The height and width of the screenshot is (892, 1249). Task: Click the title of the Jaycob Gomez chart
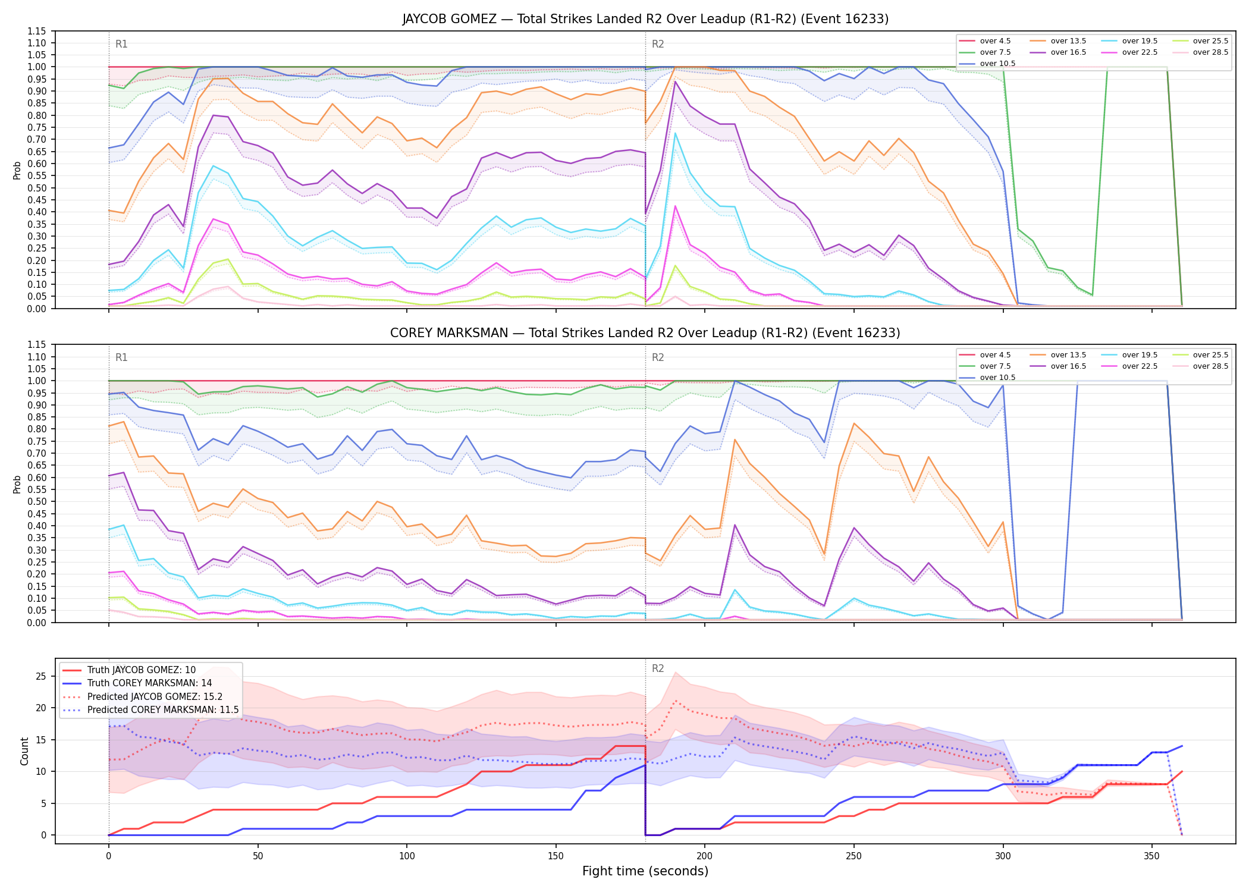pyautogui.click(x=645, y=19)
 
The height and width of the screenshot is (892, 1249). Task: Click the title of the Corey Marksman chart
pyautogui.click(x=645, y=333)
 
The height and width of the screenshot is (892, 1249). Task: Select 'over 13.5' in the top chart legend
pyautogui.click(x=1068, y=41)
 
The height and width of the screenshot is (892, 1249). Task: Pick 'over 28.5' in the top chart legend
pyautogui.click(x=1210, y=52)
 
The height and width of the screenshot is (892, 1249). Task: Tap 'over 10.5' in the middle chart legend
pyautogui.click(x=997, y=378)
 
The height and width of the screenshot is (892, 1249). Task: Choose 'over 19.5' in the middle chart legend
pyautogui.click(x=1140, y=355)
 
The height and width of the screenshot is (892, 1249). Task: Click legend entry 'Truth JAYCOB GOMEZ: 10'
pyautogui.click(x=142, y=670)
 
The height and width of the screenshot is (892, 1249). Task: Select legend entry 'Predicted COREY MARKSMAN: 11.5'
pyautogui.click(x=163, y=710)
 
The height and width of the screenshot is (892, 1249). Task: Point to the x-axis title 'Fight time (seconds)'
pyautogui.click(x=645, y=871)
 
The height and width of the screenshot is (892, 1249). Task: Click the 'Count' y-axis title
pyautogui.click(x=24, y=751)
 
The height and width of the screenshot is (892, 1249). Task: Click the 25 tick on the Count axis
pyautogui.click(x=41, y=676)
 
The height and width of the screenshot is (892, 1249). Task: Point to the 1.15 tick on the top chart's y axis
pyautogui.click(x=37, y=31)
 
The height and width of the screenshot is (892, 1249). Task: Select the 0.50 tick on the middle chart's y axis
pyautogui.click(x=37, y=501)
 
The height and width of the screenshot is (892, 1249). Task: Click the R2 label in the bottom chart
pyautogui.click(x=658, y=668)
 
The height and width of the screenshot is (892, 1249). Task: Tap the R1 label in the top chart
pyautogui.click(x=121, y=44)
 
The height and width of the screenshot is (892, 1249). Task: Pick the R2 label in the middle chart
pyautogui.click(x=658, y=357)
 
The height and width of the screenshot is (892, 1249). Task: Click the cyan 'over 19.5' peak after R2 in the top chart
pyautogui.click(x=675, y=133)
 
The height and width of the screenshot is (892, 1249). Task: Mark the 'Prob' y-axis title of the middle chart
pyautogui.click(x=17, y=484)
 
